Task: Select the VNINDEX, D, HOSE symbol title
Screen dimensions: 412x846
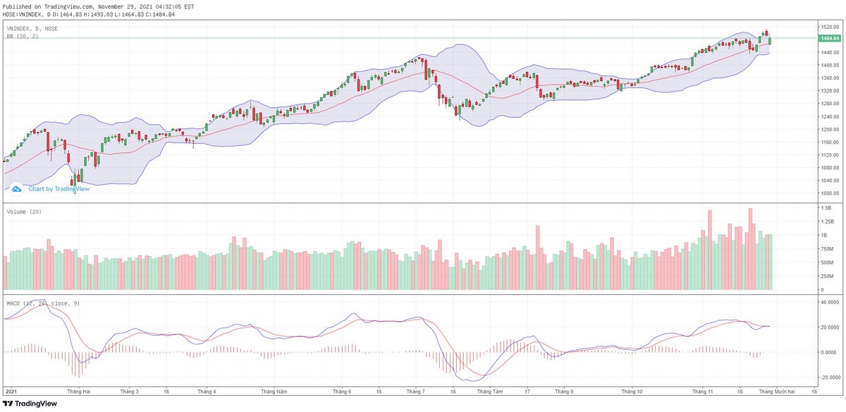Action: tap(32, 28)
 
